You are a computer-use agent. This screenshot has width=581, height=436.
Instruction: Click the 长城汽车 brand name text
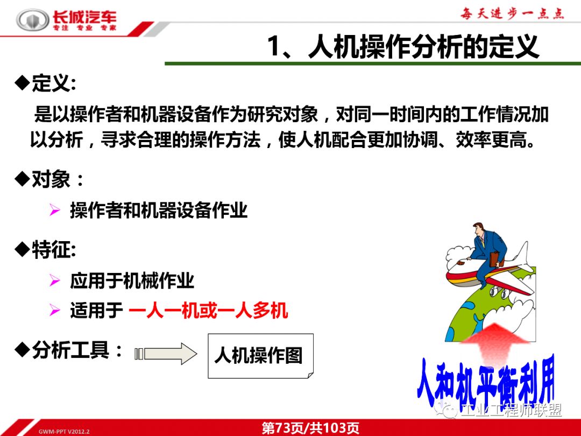(84, 17)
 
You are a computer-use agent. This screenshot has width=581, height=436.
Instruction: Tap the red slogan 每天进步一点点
(512, 13)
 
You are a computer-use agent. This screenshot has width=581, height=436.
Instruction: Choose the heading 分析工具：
(70, 351)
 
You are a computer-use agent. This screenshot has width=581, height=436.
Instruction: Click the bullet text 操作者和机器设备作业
(159, 210)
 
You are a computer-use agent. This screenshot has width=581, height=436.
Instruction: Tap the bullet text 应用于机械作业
(132, 280)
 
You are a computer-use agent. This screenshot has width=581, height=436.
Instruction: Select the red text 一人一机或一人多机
(208, 311)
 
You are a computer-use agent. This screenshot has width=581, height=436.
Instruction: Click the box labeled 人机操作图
(259, 356)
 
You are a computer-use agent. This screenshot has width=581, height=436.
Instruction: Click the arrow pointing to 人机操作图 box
(167, 354)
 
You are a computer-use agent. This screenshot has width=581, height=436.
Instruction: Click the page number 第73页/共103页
(310, 428)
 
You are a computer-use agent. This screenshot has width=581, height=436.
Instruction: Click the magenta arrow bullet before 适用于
(54, 311)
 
